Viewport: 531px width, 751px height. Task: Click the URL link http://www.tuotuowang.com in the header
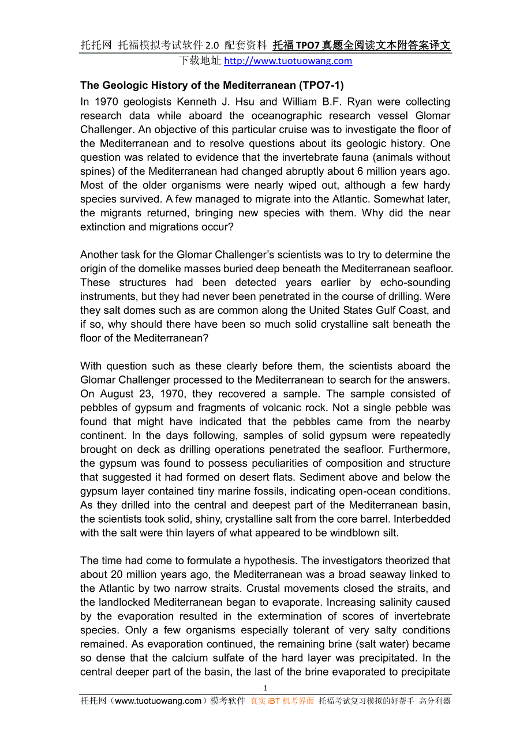287,61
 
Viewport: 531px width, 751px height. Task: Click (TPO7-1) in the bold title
321,85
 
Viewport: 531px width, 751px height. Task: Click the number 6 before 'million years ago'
358,171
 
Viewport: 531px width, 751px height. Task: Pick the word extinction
103,227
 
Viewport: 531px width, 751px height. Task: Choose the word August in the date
117,394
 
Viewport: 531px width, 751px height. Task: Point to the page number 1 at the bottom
265,688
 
